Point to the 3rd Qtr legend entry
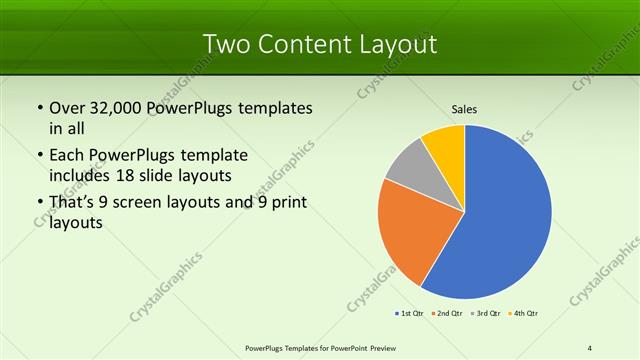click(487, 315)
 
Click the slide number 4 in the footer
click(590, 347)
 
